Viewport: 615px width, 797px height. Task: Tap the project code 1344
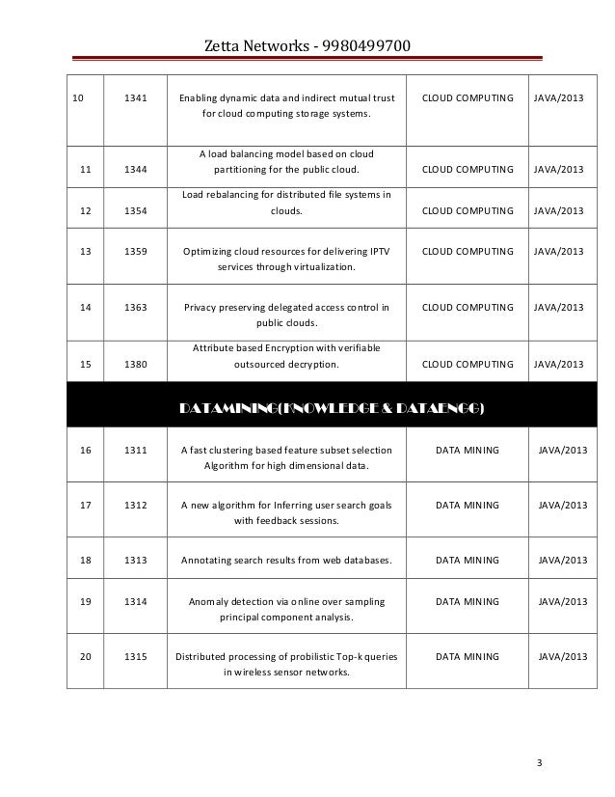(136, 170)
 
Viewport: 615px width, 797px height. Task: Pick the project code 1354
(136, 210)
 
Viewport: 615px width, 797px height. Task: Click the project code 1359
(136, 251)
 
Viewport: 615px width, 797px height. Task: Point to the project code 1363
(136, 308)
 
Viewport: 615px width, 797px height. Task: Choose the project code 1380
(136, 365)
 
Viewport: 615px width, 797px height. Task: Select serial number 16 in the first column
(85, 450)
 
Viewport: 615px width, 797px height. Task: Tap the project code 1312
(136, 505)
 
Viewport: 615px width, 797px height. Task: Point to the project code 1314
(136, 601)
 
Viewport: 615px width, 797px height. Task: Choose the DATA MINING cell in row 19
(468, 601)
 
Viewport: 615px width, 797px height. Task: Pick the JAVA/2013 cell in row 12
(559, 210)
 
